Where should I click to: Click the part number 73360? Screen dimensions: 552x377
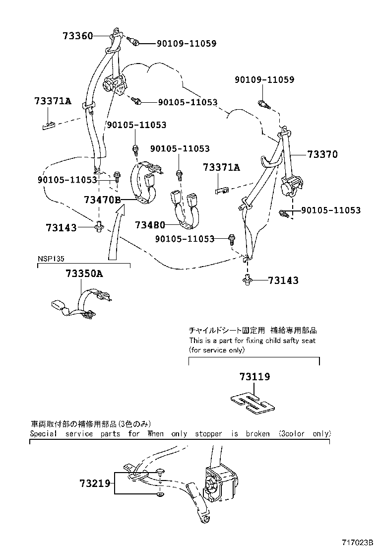click(x=77, y=36)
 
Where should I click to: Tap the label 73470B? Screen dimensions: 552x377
click(x=102, y=200)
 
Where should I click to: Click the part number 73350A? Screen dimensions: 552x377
click(x=84, y=274)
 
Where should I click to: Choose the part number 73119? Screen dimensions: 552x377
click(x=253, y=377)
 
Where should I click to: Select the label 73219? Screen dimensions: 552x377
click(x=94, y=483)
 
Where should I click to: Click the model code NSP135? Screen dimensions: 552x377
click(x=52, y=259)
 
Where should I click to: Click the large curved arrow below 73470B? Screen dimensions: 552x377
click(x=115, y=233)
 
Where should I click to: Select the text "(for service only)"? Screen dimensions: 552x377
click(x=216, y=349)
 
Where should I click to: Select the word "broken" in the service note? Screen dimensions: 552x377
click(x=257, y=433)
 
